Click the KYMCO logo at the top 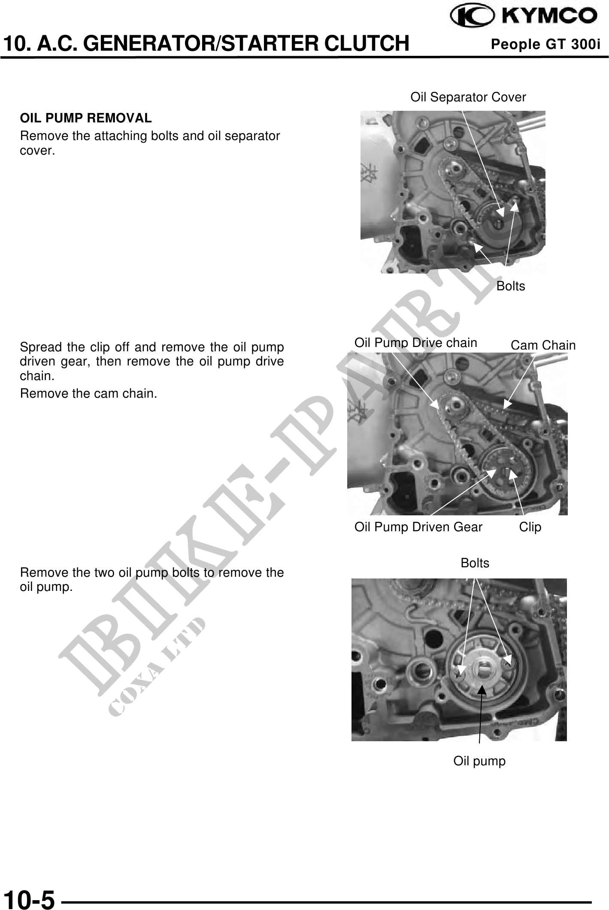click(x=524, y=16)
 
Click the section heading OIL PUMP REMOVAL click(x=86, y=118)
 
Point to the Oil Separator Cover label click(x=468, y=97)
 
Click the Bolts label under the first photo click(x=511, y=286)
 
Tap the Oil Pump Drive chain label click(x=415, y=342)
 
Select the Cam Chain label click(x=543, y=345)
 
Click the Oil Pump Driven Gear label click(x=418, y=527)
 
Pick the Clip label click(x=530, y=527)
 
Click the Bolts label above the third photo click(x=475, y=563)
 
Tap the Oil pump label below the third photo click(x=480, y=761)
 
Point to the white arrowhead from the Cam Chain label click(x=507, y=404)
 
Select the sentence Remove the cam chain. click(x=89, y=393)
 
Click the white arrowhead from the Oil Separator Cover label click(x=500, y=212)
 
